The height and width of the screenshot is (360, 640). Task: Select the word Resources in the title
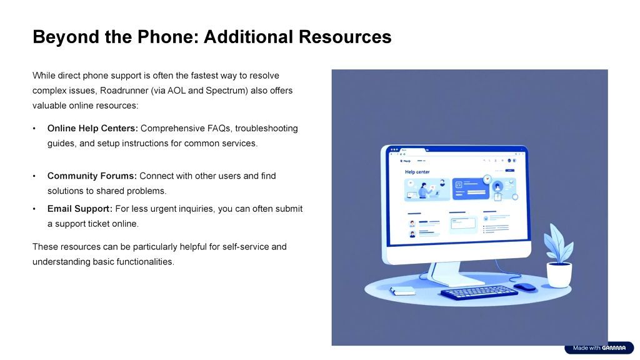pos(345,37)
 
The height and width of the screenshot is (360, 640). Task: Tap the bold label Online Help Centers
pos(92,128)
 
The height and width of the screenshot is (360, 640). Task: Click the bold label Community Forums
pos(92,176)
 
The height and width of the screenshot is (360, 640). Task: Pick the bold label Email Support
pos(79,209)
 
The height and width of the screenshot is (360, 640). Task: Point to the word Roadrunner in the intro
pos(124,91)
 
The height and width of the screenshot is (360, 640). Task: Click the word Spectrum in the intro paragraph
pos(226,91)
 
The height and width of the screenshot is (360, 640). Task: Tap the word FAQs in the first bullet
pos(219,128)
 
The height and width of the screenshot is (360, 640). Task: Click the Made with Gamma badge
pos(599,347)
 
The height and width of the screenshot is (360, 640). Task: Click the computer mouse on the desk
pos(525,287)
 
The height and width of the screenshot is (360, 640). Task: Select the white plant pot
pos(559,275)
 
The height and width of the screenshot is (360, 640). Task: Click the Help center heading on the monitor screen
pos(417,172)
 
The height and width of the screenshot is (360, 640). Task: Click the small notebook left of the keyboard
pos(402,291)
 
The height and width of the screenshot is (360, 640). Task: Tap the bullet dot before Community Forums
pos(34,176)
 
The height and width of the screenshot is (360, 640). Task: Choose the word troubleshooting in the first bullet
pos(266,128)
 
